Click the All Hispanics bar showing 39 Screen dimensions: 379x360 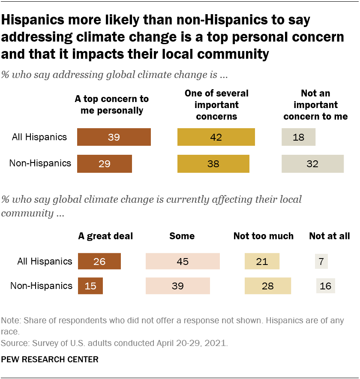114,137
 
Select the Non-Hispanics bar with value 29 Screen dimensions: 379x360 104,163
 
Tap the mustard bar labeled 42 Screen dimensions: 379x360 216,137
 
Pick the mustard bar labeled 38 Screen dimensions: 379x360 213,163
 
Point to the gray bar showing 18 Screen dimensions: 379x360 298,137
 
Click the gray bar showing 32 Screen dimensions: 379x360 312,163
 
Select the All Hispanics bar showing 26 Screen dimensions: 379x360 99,261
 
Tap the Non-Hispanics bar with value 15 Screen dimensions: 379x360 90,286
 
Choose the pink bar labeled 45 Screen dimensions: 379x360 183,261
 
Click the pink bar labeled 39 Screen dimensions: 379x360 177,286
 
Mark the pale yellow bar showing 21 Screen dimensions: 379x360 262,261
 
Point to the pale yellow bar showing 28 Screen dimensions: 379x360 267,286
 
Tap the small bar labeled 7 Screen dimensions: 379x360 321,261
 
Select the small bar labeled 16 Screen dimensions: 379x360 325,286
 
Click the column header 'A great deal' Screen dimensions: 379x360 105,236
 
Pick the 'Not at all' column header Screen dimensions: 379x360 329,236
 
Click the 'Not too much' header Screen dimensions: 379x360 263,236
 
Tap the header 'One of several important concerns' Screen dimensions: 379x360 216,105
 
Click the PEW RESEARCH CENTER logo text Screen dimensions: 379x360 50,359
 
